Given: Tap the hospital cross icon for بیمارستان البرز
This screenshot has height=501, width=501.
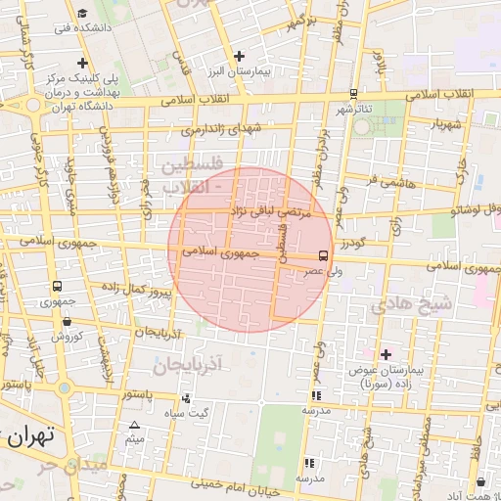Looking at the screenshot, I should [239, 56].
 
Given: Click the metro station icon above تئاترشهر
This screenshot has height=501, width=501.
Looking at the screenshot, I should [352, 93].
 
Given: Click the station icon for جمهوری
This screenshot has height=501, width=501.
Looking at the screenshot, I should [58, 288].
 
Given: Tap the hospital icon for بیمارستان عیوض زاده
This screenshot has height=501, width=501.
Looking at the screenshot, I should [386, 354].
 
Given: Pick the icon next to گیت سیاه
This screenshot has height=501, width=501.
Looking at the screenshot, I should [186, 398].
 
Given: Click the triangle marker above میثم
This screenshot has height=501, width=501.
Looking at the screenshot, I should [134, 424].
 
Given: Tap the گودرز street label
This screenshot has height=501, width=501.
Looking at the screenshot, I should [354, 242].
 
